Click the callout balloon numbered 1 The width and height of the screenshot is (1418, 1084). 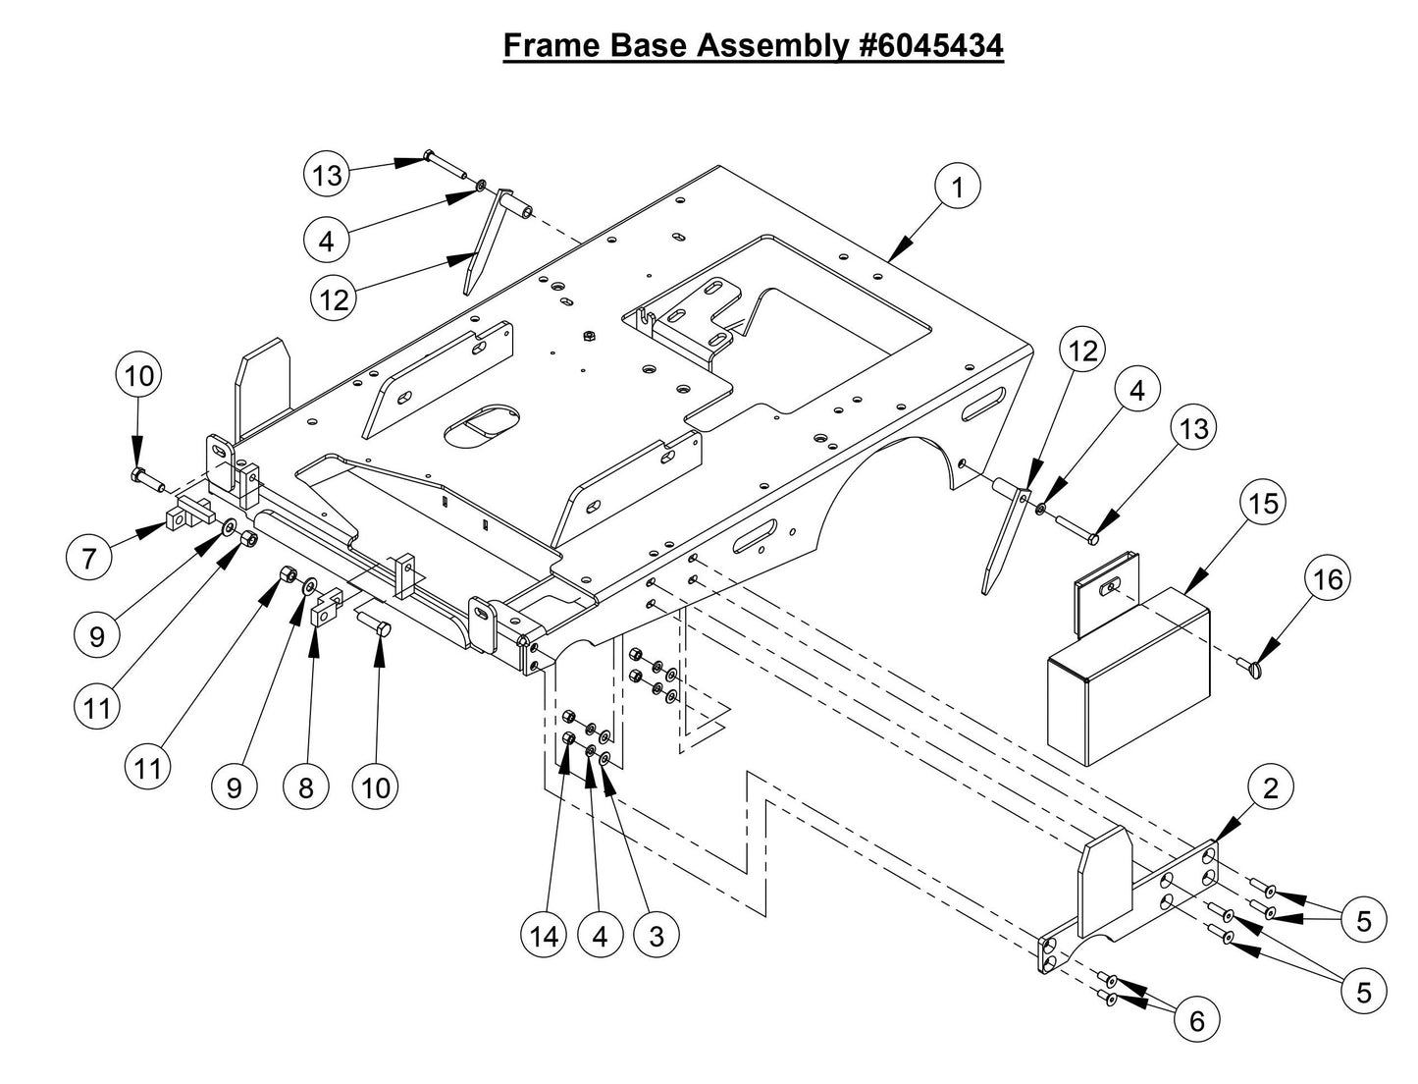tap(958, 186)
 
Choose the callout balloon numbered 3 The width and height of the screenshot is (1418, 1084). tap(656, 936)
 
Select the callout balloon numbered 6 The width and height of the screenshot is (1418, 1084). tap(1196, 1021)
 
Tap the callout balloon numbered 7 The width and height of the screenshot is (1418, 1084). tap(89, 558)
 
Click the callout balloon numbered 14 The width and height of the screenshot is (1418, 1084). tap(544, 936)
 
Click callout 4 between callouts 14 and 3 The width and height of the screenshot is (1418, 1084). tap(600, 936)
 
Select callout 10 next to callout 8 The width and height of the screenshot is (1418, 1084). tap(376, 787)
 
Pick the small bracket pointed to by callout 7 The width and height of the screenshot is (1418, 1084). tap(188, 514)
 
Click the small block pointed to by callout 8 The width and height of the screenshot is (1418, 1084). tap(324, 615)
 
